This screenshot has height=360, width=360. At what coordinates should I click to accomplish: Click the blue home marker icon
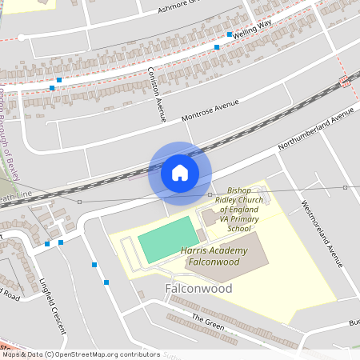pyautogui.click(x=180, y=172)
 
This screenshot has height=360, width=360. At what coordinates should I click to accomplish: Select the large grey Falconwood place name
pyautogui.click(x=198, y=288)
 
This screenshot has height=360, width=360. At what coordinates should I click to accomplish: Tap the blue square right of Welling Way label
pyautogui.click(x=229, y=34)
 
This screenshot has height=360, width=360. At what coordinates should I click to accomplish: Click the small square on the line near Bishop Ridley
pyautogui.click(x=210, y=194)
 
